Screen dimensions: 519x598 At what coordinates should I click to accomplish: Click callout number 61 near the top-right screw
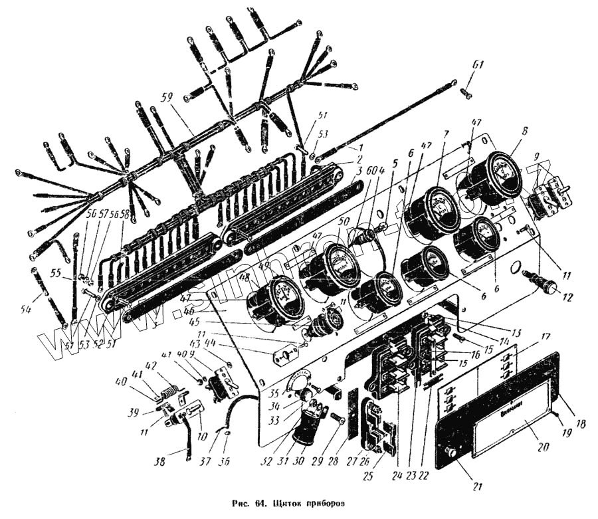click(478, 64)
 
